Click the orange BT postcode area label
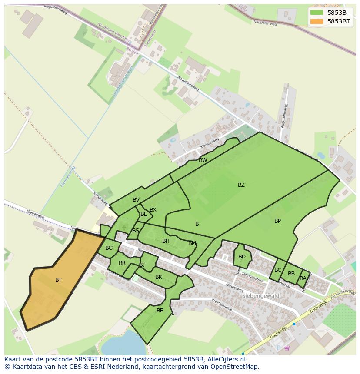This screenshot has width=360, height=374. pyautogui.click(x=58, y=280)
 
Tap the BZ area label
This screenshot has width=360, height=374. pyautogui.click(x=241, y=185)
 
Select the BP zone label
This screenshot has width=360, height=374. pyautogui.click(x=277, y=221)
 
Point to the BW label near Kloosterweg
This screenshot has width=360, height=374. pyautogui.click(x=203, y=160)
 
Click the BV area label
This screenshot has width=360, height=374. pyautogui.click(x=136, y=200)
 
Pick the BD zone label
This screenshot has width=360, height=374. pyautogui.click(x=242, y=257)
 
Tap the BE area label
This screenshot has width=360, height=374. pyautogui.click(x=160, y=311)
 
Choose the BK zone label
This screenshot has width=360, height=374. pyautogui.click(x=158, y=277)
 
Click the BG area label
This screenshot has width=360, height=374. pyautogui.click(x=109, y=248)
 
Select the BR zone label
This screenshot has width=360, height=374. pyautogui.click(x=122, y=263)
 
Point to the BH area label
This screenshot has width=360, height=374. pyautogui.click(x=166, y=241)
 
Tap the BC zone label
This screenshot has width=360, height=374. pyautogui.click(x=278, y=270)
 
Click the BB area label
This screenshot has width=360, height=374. pyautogui.click(x=291, y=274)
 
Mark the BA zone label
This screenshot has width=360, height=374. pyautogui.click(x=303, y=278)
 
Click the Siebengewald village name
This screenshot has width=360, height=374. pyautogui.click(x=260, y=296)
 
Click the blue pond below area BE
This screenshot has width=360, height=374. pyautogui.click(x=120, y=343)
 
